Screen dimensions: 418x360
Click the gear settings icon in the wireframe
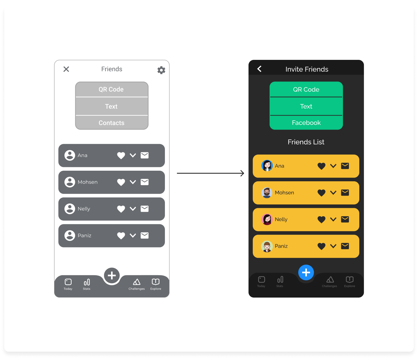(x=161, y=70)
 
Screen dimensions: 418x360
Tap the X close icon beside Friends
(x=66, y=69)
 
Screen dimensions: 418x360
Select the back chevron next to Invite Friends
(x=259, y=69)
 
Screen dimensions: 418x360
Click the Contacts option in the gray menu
(x=112, y=123)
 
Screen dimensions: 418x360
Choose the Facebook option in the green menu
(x=306, y=123)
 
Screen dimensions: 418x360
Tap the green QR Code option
(x=306, y=89)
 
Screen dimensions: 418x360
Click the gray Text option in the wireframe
(x=111, y=106)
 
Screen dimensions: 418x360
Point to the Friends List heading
(x=306, y=142)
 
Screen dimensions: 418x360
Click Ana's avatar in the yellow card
(x=267, y=166)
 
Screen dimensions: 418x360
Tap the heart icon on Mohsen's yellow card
(x=322, y=193)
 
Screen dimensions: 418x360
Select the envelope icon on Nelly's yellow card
(x=345, y=219)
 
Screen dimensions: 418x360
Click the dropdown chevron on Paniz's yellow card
(x=333, y=246)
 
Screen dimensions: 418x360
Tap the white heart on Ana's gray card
(x=121, y=156)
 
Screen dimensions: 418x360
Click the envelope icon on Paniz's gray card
(x=145, y=235)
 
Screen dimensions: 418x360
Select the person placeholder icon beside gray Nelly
(x=70, y=209)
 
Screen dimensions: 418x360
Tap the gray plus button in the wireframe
(x=112, y=276)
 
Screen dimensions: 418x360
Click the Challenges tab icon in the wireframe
(x=137, y=282)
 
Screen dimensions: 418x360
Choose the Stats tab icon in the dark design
(x=280, y=280)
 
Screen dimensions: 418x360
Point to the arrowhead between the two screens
(x=242, y=173)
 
